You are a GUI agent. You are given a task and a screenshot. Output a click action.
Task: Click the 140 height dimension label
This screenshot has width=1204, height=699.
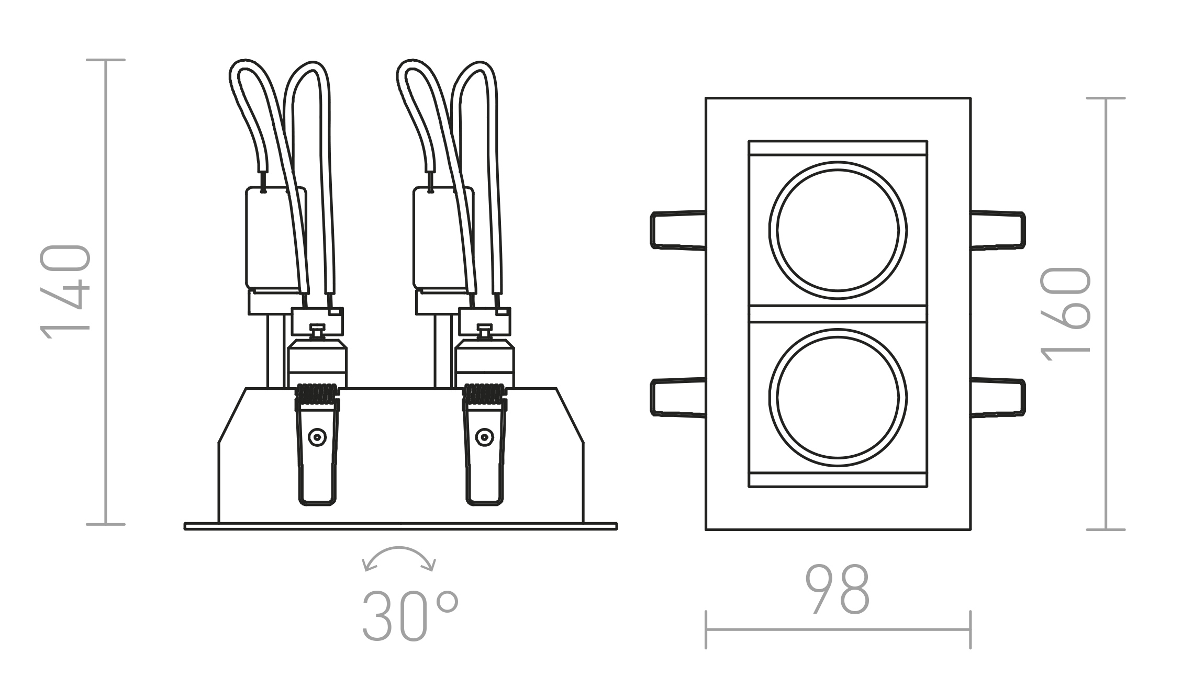coord(65,292)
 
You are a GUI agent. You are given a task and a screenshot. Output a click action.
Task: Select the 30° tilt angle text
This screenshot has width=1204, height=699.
coord(409,616)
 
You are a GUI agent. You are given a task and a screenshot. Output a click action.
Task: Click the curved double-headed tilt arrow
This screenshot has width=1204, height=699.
coord(399,557)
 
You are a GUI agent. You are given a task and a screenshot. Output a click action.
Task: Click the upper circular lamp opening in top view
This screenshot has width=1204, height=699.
coord(838,230)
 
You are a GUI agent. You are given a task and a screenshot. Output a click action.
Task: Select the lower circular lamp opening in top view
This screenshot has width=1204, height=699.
coord(838,398)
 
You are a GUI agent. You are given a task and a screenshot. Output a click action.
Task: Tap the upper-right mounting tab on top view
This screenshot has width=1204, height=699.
coord(998,230)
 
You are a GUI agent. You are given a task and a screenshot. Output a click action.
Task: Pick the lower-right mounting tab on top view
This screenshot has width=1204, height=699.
coord(998,397)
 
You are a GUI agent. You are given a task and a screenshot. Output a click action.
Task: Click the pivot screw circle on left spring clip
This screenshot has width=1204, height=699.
coord(317,437)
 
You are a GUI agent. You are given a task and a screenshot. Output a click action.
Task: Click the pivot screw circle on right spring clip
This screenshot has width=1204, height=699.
coord(485,437)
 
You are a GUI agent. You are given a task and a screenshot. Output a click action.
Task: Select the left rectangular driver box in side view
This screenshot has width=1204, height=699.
coord(270,238)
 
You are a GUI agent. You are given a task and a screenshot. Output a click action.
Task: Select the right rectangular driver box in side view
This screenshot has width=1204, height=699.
coord(437,238)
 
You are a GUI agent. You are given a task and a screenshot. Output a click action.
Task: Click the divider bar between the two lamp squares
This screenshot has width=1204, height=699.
coord(838,314)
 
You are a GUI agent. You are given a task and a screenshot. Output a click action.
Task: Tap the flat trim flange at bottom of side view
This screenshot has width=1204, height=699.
coord(400,526)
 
